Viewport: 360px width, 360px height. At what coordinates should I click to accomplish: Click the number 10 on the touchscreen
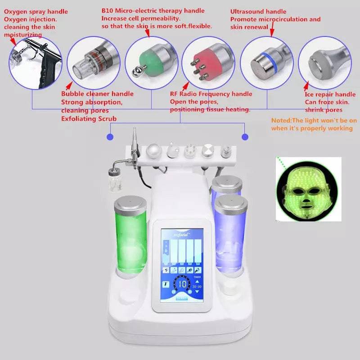pyautogui.click(x=183, y=284)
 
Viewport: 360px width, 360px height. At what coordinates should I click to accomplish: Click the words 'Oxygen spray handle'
pyautogui.click(x=36, y=11)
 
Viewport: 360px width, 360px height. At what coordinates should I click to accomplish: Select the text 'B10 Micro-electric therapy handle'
pyautogui.click(x=153, y=11)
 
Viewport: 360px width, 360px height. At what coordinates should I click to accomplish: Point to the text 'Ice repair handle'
pyautogui.click(x=330, y=94)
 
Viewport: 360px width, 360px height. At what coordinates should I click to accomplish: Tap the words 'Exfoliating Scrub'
pyautogui.click(x=89, y=119)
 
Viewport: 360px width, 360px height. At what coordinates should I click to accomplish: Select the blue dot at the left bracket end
pyautogui.click(x=110, y=136)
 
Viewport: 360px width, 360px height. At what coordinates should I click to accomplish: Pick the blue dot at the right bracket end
pyautogui.click(x=245, y=136)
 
